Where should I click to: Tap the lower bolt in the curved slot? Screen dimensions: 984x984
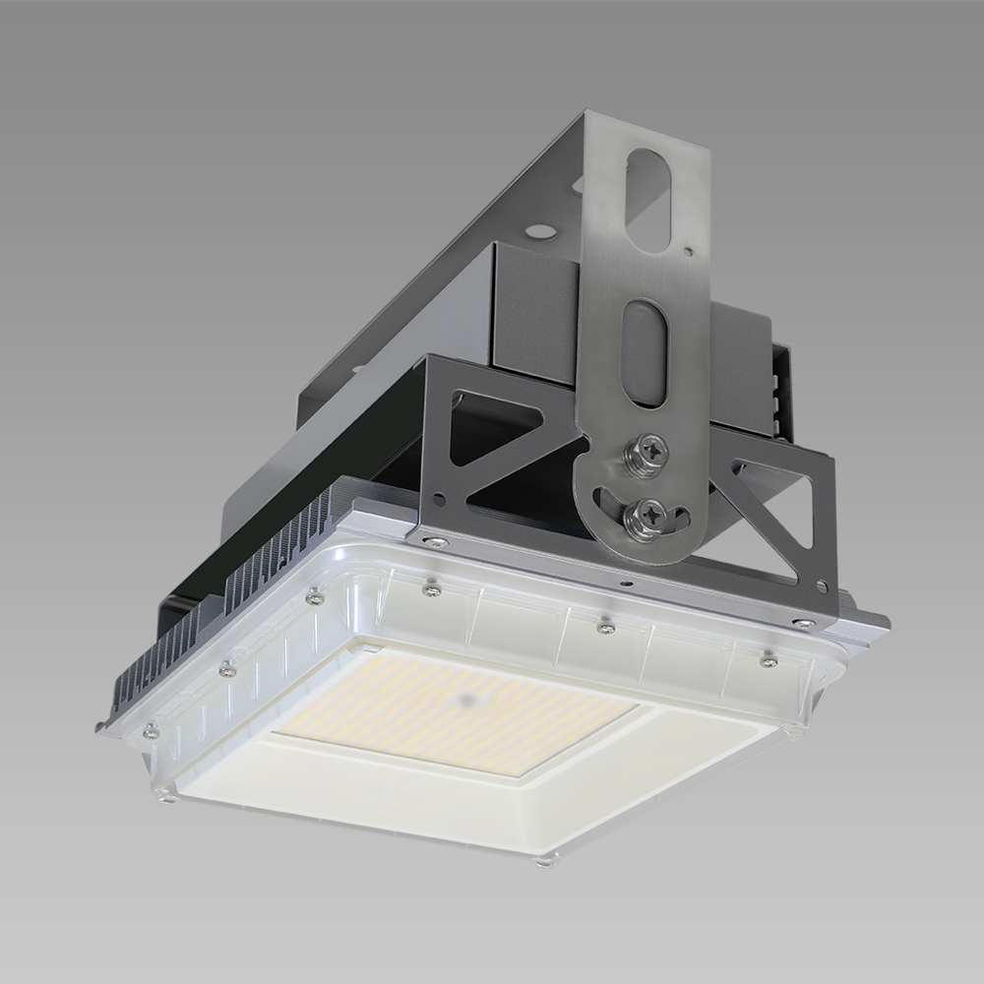click(649, 511)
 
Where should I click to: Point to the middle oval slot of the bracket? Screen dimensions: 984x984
click(645, 351)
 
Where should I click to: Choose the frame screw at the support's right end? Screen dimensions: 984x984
click(804, 623)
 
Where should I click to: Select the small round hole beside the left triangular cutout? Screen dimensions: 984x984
click(455, 400)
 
